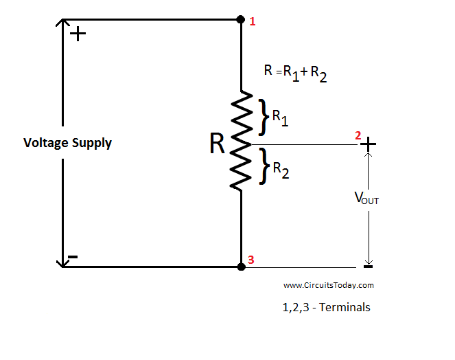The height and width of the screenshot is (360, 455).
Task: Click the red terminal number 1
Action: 253,21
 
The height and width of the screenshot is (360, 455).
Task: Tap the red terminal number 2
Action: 358,135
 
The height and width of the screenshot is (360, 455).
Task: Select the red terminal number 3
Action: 251,260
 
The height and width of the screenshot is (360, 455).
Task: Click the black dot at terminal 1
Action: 241,19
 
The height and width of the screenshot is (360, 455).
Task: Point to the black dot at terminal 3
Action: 241,266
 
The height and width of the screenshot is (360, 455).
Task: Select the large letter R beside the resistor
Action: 218,144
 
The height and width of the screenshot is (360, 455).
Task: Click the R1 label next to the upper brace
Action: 280,117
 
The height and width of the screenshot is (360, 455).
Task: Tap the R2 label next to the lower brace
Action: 281,170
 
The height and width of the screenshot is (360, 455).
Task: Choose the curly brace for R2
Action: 263,167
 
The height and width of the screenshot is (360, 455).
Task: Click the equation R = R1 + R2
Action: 295,72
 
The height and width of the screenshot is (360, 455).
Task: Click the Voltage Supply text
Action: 67,143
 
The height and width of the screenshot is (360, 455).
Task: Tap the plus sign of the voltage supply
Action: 79,34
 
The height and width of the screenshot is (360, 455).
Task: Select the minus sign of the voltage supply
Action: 73,258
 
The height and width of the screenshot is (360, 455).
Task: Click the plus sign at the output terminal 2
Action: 369,144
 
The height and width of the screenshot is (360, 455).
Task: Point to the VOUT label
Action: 366,199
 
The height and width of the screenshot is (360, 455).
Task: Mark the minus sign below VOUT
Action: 368,267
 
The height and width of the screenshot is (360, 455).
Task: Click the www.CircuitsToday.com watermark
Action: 328,285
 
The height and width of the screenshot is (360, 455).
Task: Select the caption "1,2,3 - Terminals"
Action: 326,307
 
